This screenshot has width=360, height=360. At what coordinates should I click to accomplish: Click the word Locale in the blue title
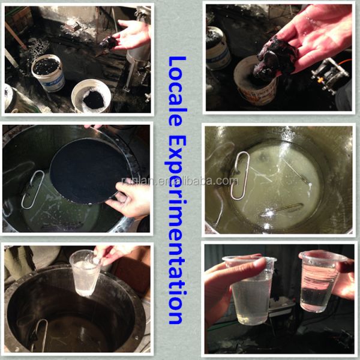177,91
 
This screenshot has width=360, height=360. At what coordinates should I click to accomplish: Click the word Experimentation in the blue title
176,230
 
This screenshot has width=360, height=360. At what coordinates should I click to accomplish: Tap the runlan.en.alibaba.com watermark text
180,181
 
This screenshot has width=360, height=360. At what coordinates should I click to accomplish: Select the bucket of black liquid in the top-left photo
48,73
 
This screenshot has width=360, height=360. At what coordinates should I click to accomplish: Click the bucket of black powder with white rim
91,96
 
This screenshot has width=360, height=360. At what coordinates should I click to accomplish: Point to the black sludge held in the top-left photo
109,43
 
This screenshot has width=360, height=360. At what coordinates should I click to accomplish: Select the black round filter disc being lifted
88,171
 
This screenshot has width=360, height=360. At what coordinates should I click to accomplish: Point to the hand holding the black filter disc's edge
129,199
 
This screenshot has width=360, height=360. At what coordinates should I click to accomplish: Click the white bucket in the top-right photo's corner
218,48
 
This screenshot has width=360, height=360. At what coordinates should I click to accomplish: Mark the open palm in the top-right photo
317,34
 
